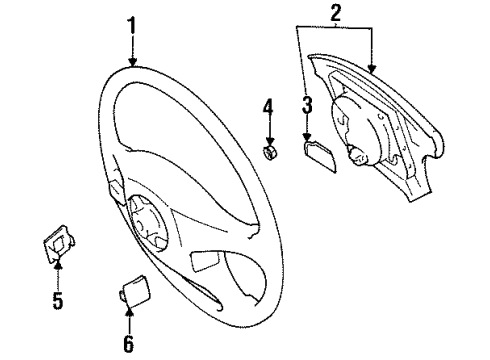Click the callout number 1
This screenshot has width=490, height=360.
click(131, 24)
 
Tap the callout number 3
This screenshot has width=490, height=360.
click(307, 104)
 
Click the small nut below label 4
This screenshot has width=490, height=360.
click(268, 152)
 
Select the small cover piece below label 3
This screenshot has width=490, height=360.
click(317, 151)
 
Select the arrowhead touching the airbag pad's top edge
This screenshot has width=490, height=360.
click(371, 70)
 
